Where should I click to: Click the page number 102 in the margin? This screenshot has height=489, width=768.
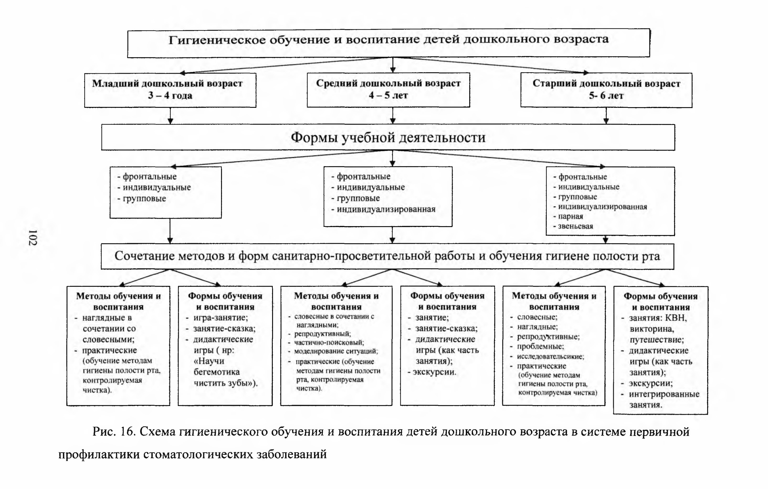[x=33, y=238]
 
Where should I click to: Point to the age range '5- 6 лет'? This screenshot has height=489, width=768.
[x=606, y=95]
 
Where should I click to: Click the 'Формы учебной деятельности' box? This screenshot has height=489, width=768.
[x=388, y=137]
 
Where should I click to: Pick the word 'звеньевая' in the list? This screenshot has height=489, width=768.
[x=575, y=226]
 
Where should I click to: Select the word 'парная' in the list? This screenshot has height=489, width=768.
[x=571, y=216]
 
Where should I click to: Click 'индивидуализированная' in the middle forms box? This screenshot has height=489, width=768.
[x=386, y=209]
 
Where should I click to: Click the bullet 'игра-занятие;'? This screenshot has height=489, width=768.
[x=220, y=317]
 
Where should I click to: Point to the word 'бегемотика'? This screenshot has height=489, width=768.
[x=216, y=372]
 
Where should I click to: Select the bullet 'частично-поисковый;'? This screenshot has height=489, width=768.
[x=329, y=342]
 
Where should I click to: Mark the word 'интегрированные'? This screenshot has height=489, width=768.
[x=664, y=394]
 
